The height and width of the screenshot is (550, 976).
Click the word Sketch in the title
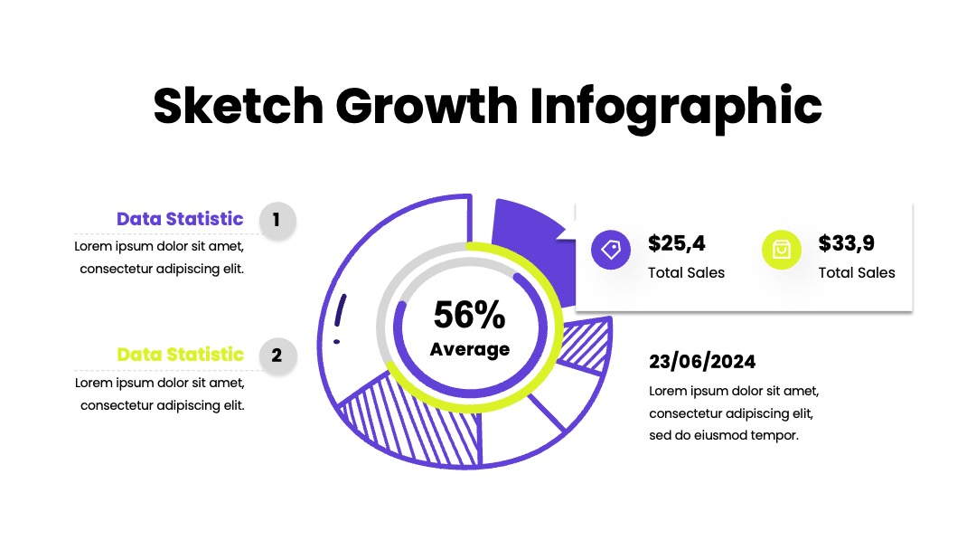coord(239,105)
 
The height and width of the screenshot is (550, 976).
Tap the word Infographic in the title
coord(676,109)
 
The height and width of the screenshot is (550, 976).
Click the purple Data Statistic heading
coord(180,219)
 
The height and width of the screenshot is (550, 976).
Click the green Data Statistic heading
coord(180,354)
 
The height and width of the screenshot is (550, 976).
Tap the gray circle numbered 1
coord(277,220)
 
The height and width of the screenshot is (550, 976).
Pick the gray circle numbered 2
coord(277,356)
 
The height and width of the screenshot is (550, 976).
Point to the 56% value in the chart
coord(469,315)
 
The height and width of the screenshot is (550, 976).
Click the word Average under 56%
coord(470,349)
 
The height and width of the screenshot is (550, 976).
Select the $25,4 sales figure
coord(677,243)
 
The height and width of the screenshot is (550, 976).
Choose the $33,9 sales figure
coord(847,243)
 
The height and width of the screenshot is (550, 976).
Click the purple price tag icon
coord(611,250)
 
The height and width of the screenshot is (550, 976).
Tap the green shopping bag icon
coord(781,250)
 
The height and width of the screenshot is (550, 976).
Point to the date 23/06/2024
coord(702,361)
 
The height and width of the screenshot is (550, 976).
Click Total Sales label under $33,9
coord(857,273)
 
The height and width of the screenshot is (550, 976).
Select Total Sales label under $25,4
coord(686,273)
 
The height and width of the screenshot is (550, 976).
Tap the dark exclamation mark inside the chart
coord(339,318)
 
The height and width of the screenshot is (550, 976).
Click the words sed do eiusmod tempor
coord(723,435)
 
